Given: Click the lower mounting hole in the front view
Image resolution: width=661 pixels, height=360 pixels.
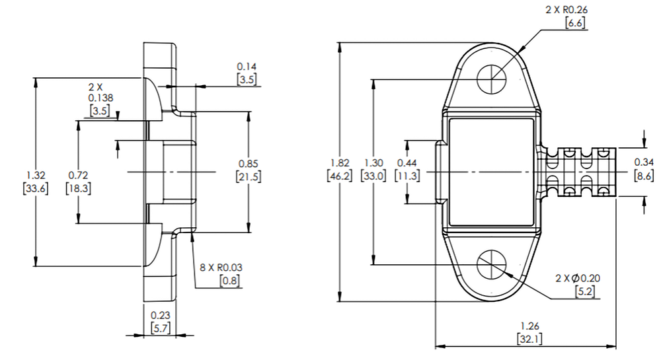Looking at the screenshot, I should (x=491, y=264).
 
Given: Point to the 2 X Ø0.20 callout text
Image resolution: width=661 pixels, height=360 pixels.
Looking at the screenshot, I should (x=578, y=278).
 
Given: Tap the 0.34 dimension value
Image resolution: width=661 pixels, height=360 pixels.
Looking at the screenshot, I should (x=644, y=162).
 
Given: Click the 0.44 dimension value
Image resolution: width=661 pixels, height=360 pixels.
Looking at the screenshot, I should (x=407, y=162).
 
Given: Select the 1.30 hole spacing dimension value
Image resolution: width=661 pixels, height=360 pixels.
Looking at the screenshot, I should (x=374, y=162).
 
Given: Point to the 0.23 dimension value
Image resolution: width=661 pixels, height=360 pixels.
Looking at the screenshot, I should (x=159, y=315).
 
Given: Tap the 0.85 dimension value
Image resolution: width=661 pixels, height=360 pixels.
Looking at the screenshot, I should (x=249, y=163).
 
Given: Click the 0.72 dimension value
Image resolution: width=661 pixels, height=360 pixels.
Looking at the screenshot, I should (x=78, y=175).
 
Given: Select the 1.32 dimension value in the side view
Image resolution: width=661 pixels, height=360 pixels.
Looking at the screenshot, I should (x=36, y=175).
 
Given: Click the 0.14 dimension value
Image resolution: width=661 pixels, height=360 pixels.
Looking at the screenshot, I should (x=247, y=66).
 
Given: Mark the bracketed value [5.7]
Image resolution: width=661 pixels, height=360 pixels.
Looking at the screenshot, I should (x=159, y=328).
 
